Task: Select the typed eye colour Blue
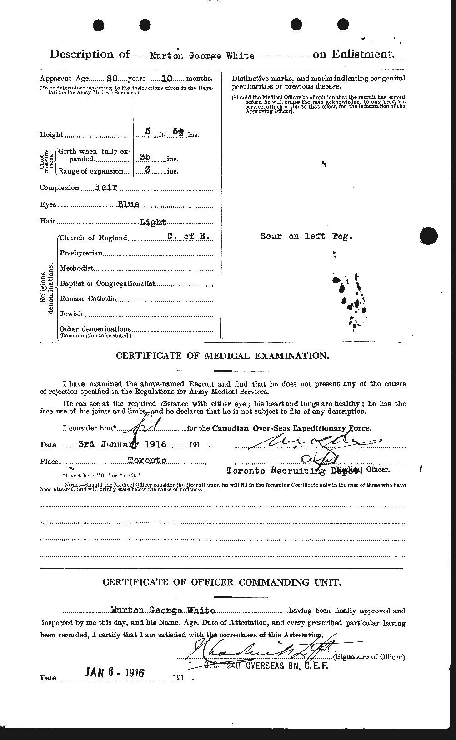(x=128, y=204)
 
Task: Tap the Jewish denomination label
(x=71, y=313)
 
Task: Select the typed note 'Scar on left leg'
(x=306, y=236)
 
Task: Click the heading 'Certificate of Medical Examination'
(x=222, y=356)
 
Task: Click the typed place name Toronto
(x=147, y=461)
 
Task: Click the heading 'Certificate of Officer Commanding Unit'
(x=222, y=582)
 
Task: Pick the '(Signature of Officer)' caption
(x=369, y=656)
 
